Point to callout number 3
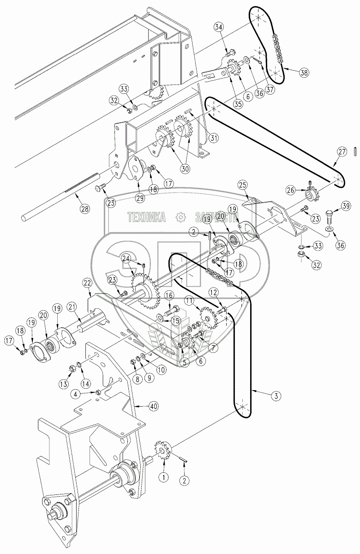coord(275,395)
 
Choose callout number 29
coord(140,198)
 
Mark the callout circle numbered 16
coord(169,295)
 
